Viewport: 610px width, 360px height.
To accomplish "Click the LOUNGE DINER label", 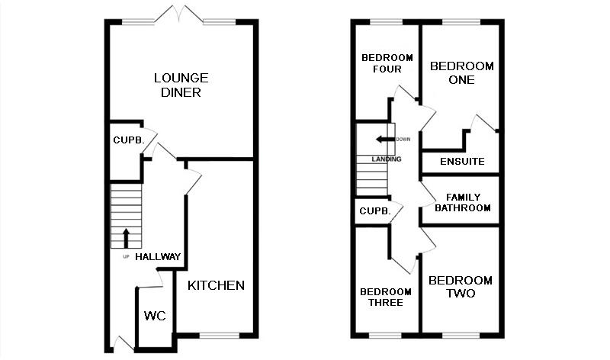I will (181, 85).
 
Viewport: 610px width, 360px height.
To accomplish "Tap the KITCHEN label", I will (216, 285).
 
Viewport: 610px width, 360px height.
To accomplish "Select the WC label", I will (155, 316).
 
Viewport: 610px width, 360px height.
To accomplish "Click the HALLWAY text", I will (158, 257).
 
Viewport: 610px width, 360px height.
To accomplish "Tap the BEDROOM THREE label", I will (386, 297).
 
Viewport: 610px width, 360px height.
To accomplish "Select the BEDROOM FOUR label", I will (387, 63).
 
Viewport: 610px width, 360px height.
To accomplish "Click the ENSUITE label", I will (462, 162).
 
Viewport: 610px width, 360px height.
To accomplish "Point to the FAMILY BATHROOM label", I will (462, 202).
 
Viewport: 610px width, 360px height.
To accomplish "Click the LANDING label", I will (386, 159).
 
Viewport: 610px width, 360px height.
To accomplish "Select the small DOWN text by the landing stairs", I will (403, 140).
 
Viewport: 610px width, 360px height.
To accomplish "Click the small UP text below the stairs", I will (126, 256).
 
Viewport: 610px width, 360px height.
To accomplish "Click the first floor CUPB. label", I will (374, 211).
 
